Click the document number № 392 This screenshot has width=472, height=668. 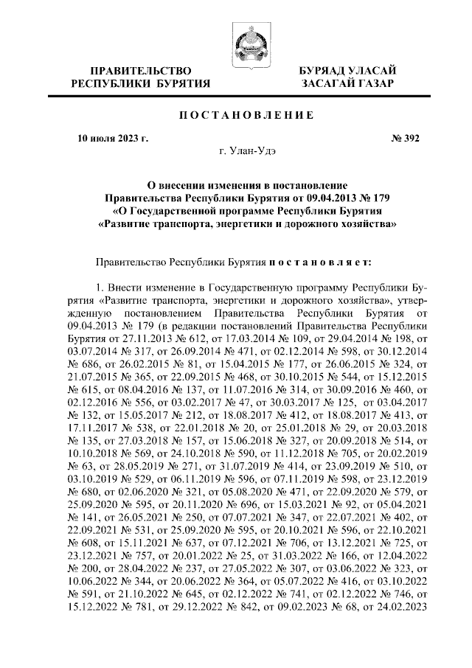click(403, 138)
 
